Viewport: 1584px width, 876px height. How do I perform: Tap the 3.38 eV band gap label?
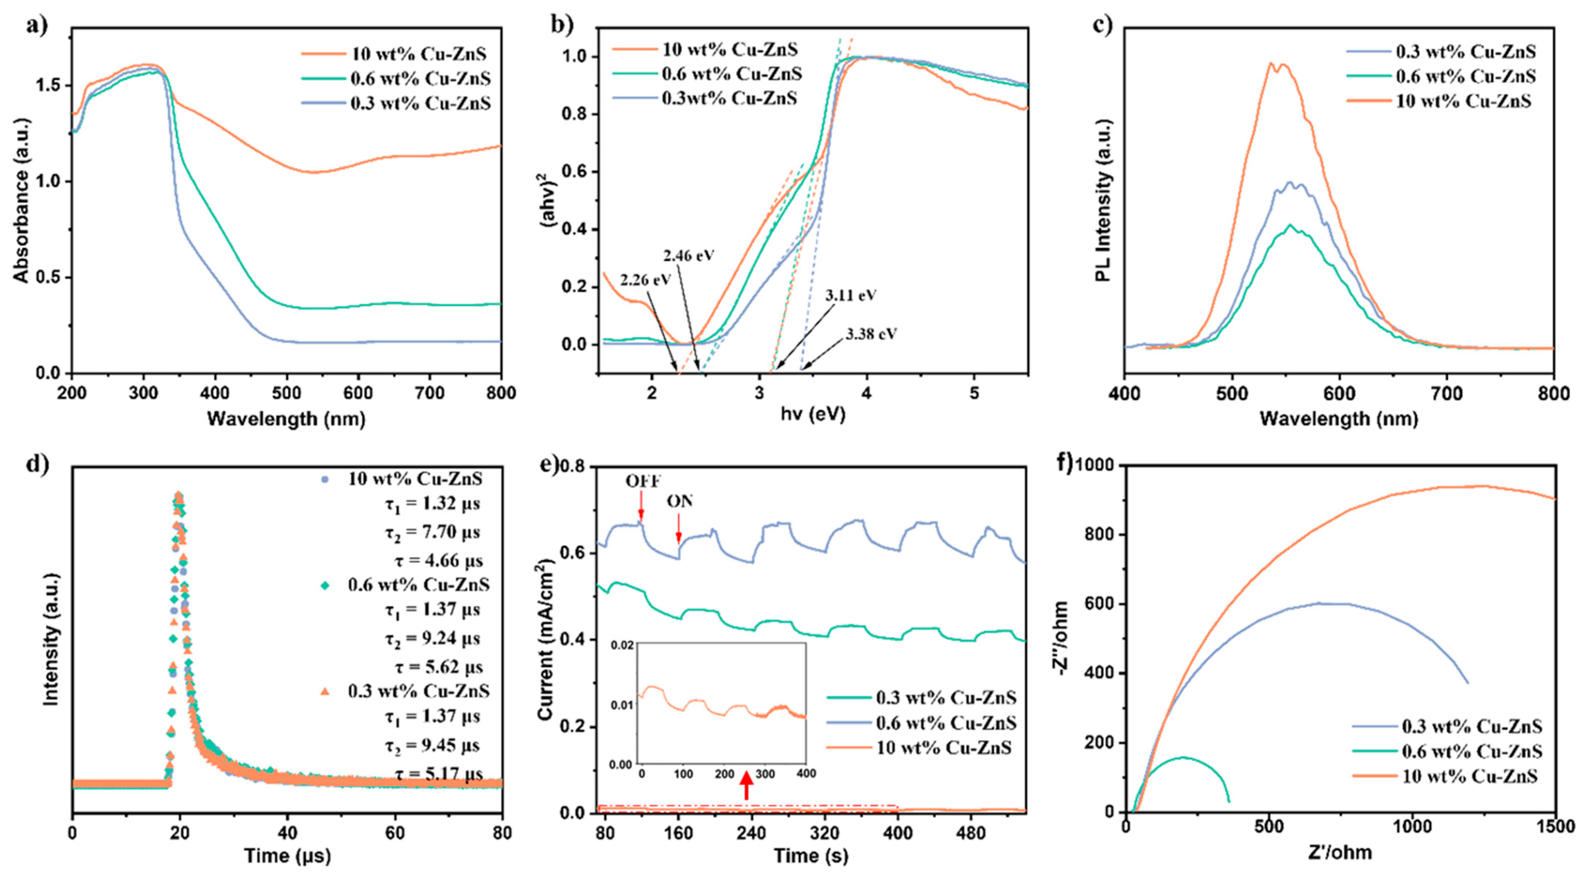click(871, 334)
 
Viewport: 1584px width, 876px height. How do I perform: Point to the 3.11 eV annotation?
click(850, 295)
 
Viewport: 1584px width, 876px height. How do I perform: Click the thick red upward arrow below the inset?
click(746, 786)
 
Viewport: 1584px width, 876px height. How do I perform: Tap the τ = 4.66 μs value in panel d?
click(438, 561)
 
